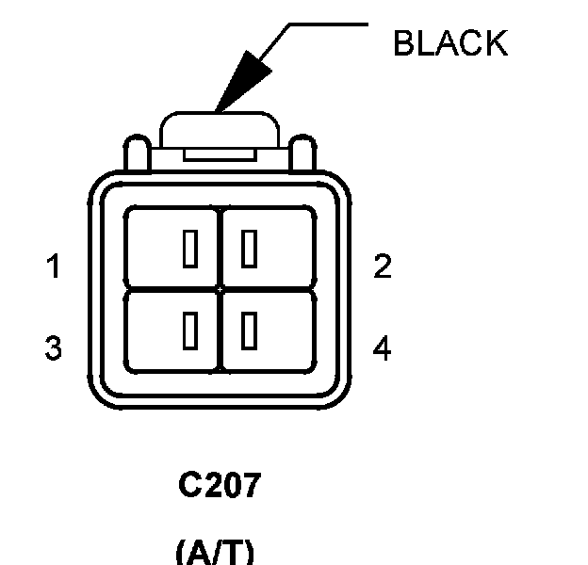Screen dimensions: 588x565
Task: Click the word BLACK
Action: coord(449,43)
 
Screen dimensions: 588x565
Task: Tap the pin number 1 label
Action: coord(54,267)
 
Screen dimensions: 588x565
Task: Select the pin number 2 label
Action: coord(382,267)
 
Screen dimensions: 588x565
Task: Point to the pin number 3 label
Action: coord(54,348)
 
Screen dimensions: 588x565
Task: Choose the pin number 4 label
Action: coord(382,348)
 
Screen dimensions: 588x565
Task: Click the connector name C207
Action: coord(219,486)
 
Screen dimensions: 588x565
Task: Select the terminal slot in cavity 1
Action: coord(190,250)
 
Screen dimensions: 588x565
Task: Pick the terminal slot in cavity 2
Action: coord(249,250)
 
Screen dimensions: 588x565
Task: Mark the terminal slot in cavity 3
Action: coord(190,330)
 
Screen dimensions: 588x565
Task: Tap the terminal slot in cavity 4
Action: coord(249,330)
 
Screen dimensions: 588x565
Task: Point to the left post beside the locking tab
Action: coord(134,155)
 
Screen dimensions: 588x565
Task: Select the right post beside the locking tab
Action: coord(303,155)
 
